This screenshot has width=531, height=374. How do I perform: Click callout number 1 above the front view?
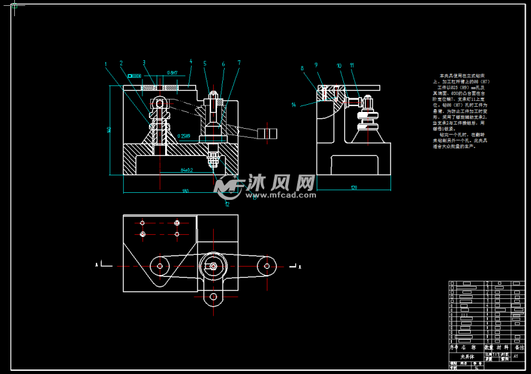105,63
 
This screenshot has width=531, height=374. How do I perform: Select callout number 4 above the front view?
191,62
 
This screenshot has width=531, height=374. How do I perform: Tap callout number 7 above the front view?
239,63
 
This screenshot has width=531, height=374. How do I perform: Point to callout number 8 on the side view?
302,68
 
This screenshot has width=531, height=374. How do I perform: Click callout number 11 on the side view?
352,65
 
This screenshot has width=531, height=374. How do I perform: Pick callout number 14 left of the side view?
293,104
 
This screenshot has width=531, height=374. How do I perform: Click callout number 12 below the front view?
227,203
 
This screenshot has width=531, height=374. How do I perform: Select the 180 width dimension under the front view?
185,192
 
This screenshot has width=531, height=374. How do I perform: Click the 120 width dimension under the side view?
354,188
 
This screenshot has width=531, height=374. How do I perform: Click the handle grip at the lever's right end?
269,134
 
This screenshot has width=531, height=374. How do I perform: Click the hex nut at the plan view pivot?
213,265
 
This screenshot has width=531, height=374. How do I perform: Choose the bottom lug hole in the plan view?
213,298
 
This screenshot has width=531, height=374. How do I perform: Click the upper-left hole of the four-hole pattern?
142,223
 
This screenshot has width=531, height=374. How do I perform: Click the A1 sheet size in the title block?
515,356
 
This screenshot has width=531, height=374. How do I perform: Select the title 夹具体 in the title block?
467,357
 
